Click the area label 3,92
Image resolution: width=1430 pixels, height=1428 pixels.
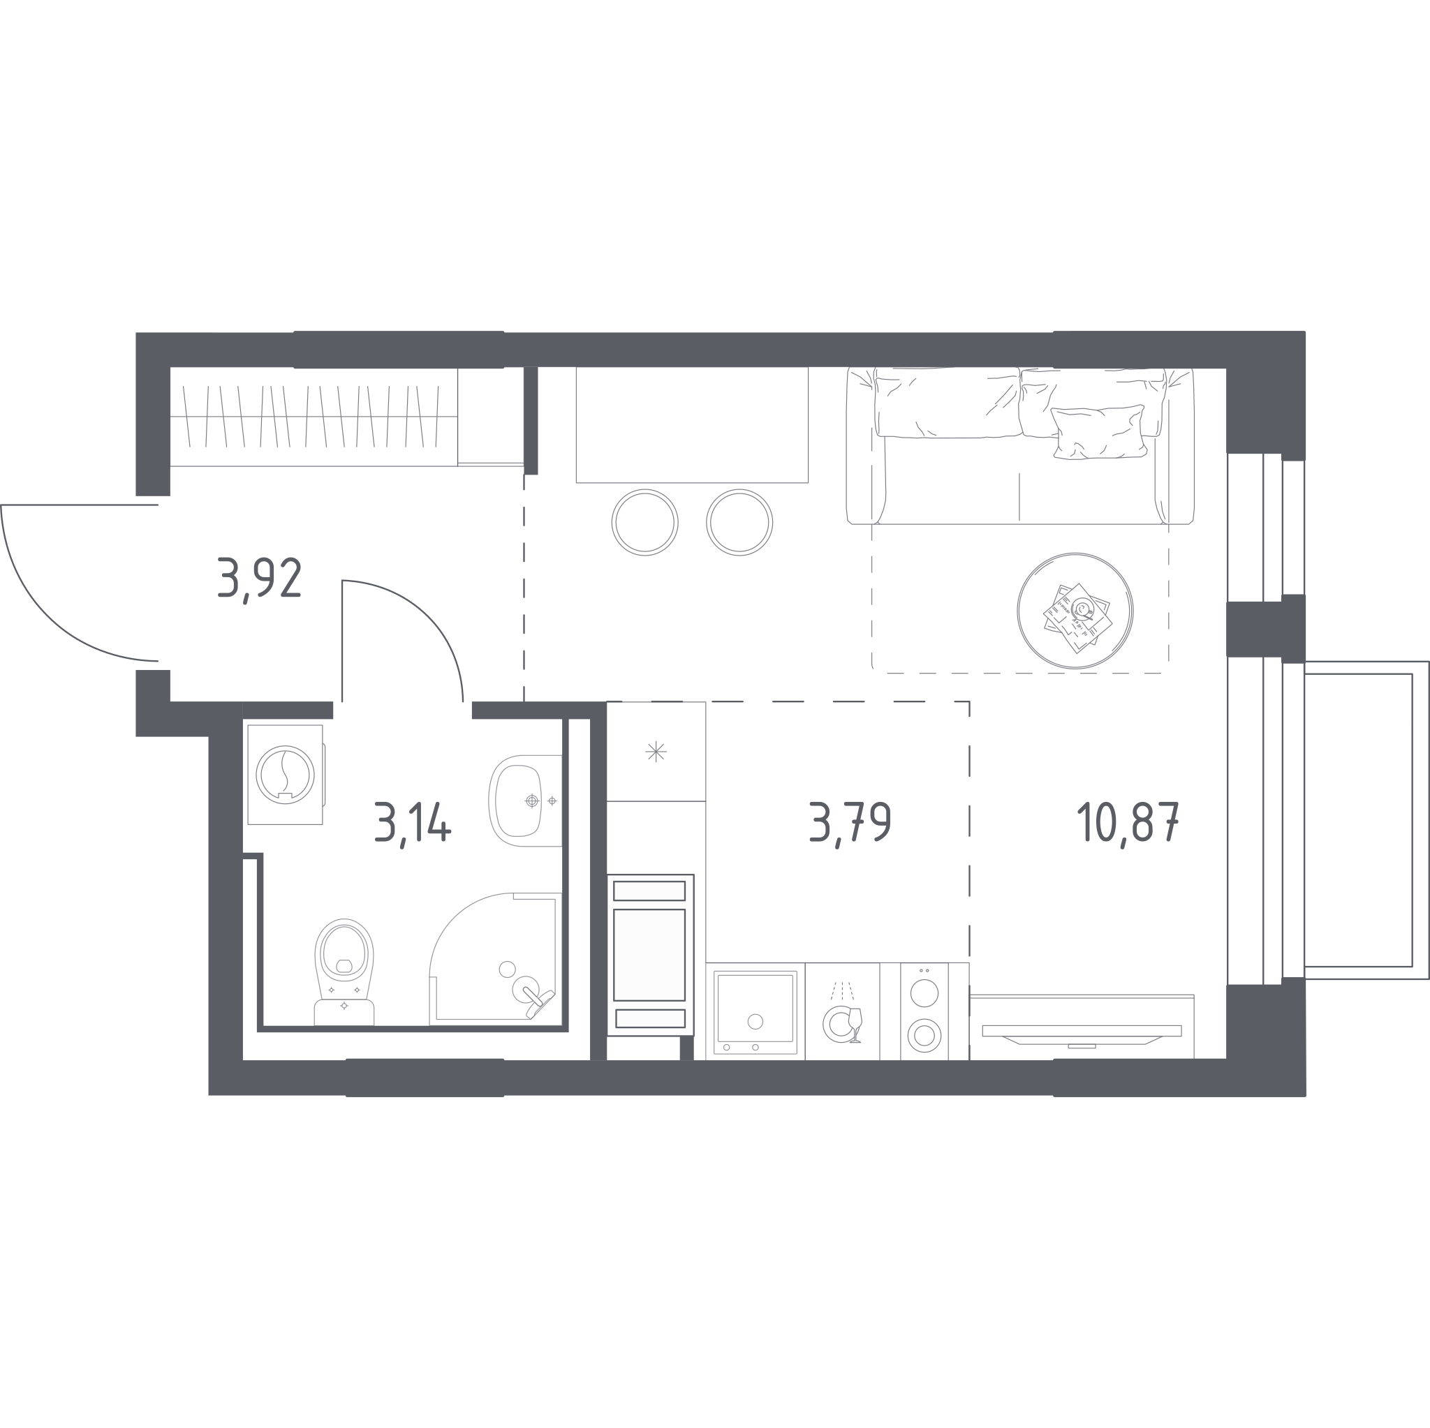[259, 579]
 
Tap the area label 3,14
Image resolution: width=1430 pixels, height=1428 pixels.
[412, 824]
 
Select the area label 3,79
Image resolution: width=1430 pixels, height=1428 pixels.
[850, 824]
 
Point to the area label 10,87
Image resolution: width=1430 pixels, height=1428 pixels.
[1127, 824]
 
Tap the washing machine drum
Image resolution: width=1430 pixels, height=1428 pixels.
[285, 775]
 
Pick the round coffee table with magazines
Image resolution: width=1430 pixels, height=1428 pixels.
[1075, 611]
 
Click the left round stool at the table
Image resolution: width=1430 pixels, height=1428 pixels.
[644, 521]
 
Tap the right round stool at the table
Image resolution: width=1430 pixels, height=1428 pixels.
[739, 521]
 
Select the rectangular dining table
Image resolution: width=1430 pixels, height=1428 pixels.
[692, 424]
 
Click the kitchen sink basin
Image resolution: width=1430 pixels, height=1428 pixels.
[755, 1013]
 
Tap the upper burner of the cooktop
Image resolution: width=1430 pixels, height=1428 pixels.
[924, 993]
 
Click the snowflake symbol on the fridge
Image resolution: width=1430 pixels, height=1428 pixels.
[656, 752]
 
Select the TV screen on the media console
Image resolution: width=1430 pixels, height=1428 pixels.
[1082, 1032]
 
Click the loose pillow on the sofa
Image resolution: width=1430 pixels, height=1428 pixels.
[1098, 432]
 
